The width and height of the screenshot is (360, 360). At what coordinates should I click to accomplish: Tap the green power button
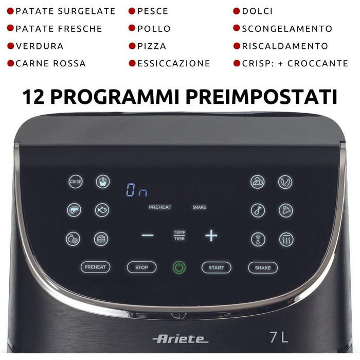tap(178, 267)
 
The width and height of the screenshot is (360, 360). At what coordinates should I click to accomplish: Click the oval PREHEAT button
tap(95, 267)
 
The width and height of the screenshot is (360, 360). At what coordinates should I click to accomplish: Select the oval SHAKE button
tap(263, 267)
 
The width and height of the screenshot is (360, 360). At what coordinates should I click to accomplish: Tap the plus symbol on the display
tap(211, 236)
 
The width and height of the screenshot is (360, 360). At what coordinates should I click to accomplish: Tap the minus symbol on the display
tap(148, 236)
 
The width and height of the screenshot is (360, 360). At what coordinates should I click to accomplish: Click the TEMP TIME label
tap(179, 236)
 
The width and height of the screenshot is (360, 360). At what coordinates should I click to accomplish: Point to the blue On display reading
tap(137, 191)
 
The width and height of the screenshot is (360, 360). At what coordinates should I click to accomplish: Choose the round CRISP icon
tap(76, 182)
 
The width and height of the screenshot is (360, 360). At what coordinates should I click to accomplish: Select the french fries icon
tap(102, 181)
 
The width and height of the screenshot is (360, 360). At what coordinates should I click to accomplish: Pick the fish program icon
tap(102, 210)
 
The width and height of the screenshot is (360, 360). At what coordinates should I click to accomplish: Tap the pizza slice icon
tap(285, 210)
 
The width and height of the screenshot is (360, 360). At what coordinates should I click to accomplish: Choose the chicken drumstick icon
tap(258, 210)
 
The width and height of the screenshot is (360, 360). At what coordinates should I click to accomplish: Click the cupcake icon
tap(101, 239)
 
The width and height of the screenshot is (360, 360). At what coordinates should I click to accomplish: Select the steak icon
tap(74, 210)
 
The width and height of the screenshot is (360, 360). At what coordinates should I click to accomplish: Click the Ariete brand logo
tap(180, 338)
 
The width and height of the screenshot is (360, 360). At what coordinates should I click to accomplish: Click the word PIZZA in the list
tap(152, 46)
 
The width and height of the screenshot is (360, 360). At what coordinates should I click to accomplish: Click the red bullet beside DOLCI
tap(237, 11)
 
